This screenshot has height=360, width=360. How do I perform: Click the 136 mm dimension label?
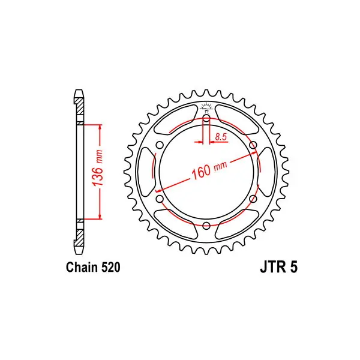click(97, 168)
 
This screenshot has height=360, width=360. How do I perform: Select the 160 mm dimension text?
click(209, 169)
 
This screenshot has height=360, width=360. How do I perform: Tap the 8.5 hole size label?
click(221, 137)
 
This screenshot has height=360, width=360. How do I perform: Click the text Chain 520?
click(93, 267)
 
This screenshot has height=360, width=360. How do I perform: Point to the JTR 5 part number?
click(279, 267)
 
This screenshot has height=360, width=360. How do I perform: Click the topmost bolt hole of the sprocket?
click(206, 119)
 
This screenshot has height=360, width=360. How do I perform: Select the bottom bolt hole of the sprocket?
click(206, 226)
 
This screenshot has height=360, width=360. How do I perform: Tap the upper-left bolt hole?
click(160, 145)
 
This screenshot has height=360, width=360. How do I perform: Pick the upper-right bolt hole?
click(253, 145)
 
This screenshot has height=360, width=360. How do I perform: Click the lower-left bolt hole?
click(160, 199)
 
